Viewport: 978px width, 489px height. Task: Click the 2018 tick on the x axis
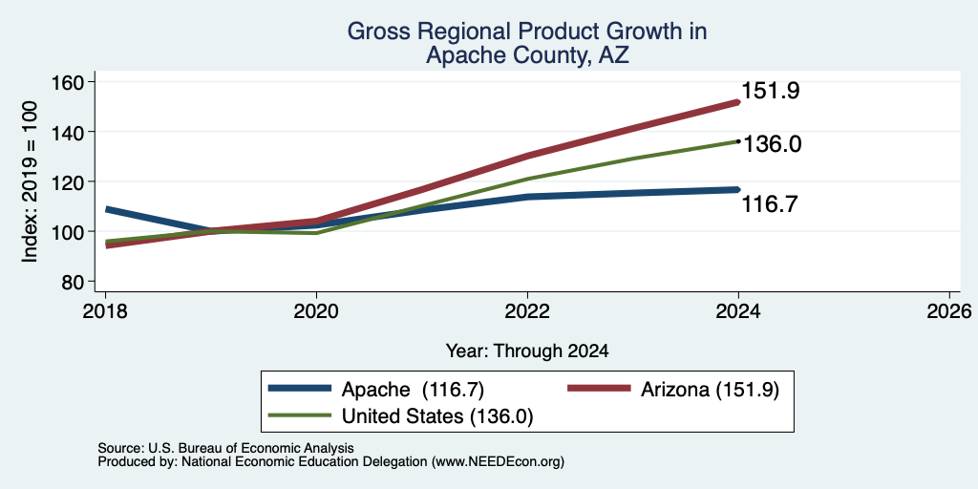tap(105, 310)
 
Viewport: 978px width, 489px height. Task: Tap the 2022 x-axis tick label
tap(527, 310)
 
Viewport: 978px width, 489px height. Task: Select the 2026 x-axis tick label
tap(949, 310)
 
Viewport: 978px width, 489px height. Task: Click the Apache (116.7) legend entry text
tap(413, 390)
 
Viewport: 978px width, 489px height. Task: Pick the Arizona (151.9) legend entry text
tap(710, 390)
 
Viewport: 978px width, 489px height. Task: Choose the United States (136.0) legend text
tap(437, 416)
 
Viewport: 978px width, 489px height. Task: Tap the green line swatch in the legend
tap(299, 415)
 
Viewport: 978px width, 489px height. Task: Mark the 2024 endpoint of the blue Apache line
tap(738, 189)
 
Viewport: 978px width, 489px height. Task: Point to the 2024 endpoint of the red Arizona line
tap(738, 101)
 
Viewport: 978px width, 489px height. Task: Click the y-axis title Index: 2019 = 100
tap(30, 181)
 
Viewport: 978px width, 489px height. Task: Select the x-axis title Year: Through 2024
tap(527, 351)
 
